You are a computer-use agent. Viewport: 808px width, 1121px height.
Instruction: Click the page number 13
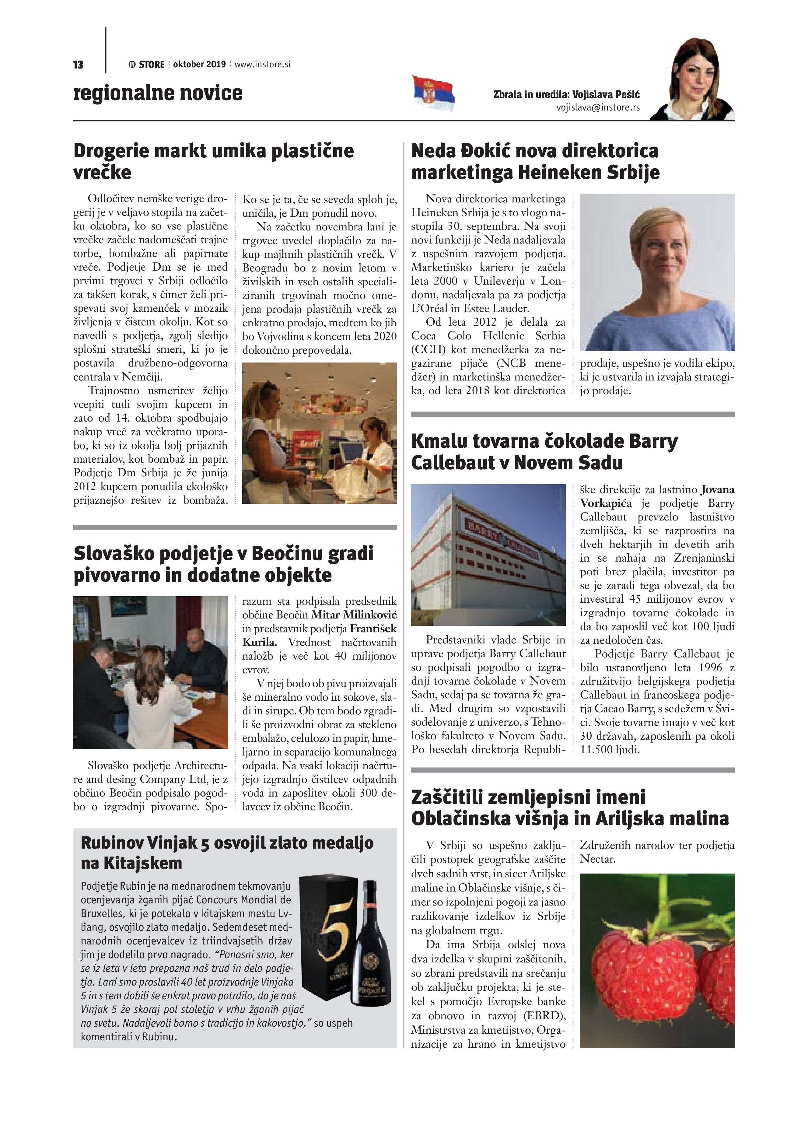(78, 65)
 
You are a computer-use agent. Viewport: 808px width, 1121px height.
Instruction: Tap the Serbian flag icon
(433, 93)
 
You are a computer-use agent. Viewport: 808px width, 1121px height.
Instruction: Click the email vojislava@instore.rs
(598, 107)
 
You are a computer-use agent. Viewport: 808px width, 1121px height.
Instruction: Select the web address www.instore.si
(262, 64)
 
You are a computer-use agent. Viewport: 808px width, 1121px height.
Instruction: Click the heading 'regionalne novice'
(158, 93)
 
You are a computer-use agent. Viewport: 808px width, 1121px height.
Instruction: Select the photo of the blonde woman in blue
(657, 272)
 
